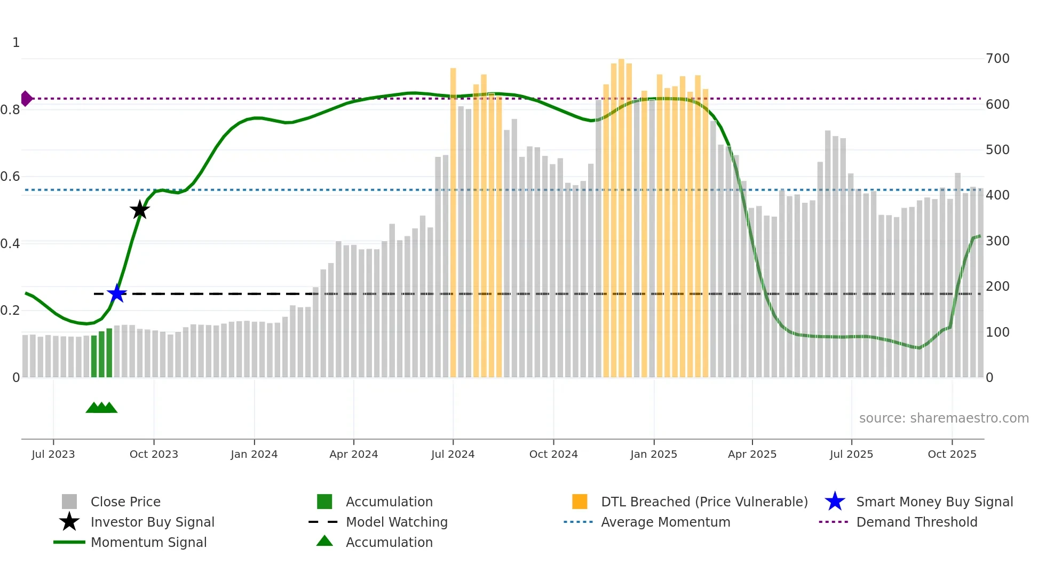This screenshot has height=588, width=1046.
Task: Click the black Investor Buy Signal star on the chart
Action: coord(139,210)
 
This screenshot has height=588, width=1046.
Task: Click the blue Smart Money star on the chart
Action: coord(117,293)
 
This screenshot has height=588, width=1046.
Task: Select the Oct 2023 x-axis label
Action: coord(154,454)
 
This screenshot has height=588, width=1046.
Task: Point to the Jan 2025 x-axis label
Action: coord(653,454)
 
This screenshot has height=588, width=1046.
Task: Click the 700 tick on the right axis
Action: coord(997,59)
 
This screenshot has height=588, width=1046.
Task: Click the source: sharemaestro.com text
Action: coord(944,418)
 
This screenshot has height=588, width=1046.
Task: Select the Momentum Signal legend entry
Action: coord(148,542)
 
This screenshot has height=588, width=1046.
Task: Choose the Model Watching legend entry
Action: coord(397,522)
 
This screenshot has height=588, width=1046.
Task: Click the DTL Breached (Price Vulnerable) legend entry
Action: coord(704,502)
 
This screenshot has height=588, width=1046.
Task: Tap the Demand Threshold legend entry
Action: coord(916,522)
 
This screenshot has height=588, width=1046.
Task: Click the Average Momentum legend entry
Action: coord(665,522)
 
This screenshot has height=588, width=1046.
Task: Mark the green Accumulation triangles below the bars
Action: coord(101,408)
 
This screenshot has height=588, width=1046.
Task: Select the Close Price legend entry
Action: coord(125,502)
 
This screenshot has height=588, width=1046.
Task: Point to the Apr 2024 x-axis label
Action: coord(353,454)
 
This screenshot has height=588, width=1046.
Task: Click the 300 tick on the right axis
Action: coord(997,241)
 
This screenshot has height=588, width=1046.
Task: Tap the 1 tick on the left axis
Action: coord(16,43)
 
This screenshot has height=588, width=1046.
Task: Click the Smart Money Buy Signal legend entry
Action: coord(934,502)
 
